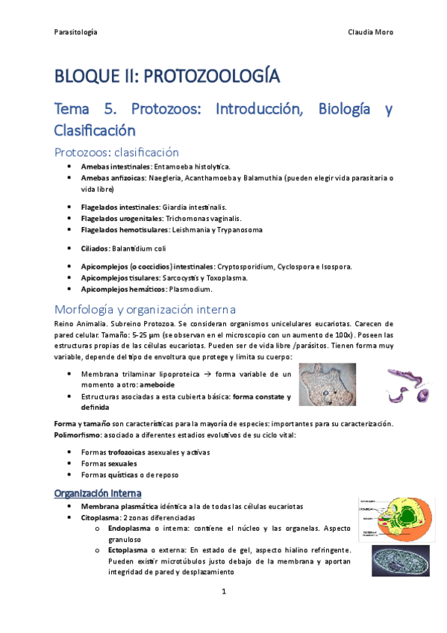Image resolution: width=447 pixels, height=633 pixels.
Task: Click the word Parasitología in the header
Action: click(x=76, y=32)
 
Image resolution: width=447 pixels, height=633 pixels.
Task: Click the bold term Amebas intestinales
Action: click(x=116, y=166)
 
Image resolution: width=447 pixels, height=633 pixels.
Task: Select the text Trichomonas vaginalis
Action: click(x=203, y=219)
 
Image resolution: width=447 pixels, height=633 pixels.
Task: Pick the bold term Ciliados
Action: click(x=95, y=248)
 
